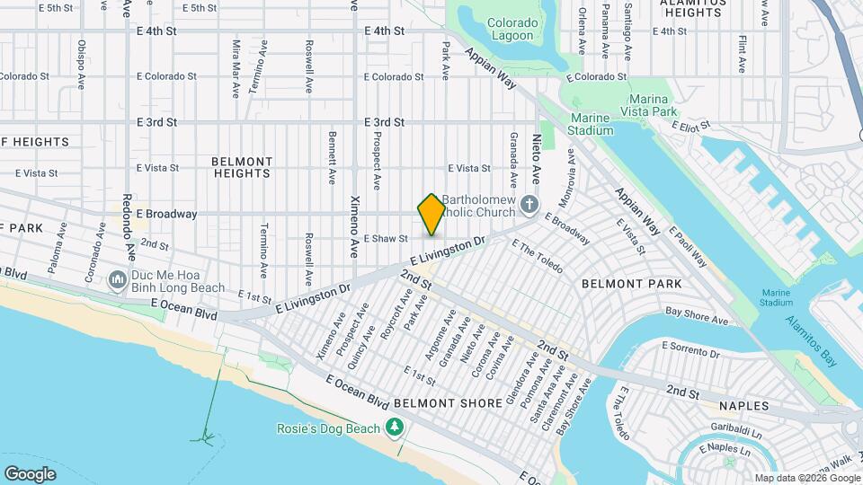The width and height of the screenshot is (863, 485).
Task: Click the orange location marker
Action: (x=431, y=215)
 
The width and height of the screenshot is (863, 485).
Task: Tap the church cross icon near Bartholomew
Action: (x=530, y=205)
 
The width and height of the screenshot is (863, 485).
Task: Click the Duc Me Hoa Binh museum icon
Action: (x=117, y=281)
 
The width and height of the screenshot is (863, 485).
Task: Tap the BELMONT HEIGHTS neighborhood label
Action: (x=242, y=168)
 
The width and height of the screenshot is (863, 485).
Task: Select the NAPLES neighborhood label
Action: (x=743, y=406)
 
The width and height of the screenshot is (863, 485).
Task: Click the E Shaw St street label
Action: (x=386, y=239)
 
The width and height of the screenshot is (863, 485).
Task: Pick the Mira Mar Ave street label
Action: (x=236, y=68)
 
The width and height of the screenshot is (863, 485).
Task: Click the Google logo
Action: (x=31, y=473)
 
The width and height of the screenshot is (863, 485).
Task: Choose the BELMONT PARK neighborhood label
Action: (x=631, y=284)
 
